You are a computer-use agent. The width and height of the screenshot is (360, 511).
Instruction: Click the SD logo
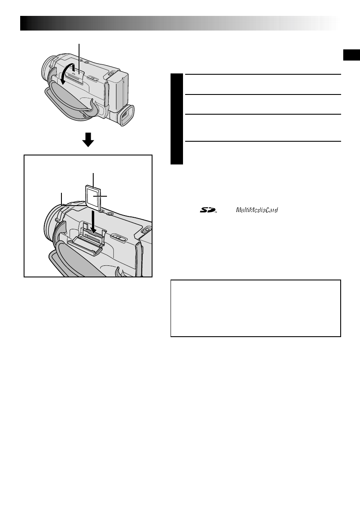click(x=208, y=210)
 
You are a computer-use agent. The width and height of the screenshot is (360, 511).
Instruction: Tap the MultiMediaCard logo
click(x=256, y=210)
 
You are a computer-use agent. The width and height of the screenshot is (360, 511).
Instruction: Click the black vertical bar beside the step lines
click(x=176, y=119)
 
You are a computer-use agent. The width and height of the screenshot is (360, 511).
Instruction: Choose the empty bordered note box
click(x=256, y=308)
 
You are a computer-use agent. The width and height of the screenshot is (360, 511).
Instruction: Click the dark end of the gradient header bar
click(x=30, y=23)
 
